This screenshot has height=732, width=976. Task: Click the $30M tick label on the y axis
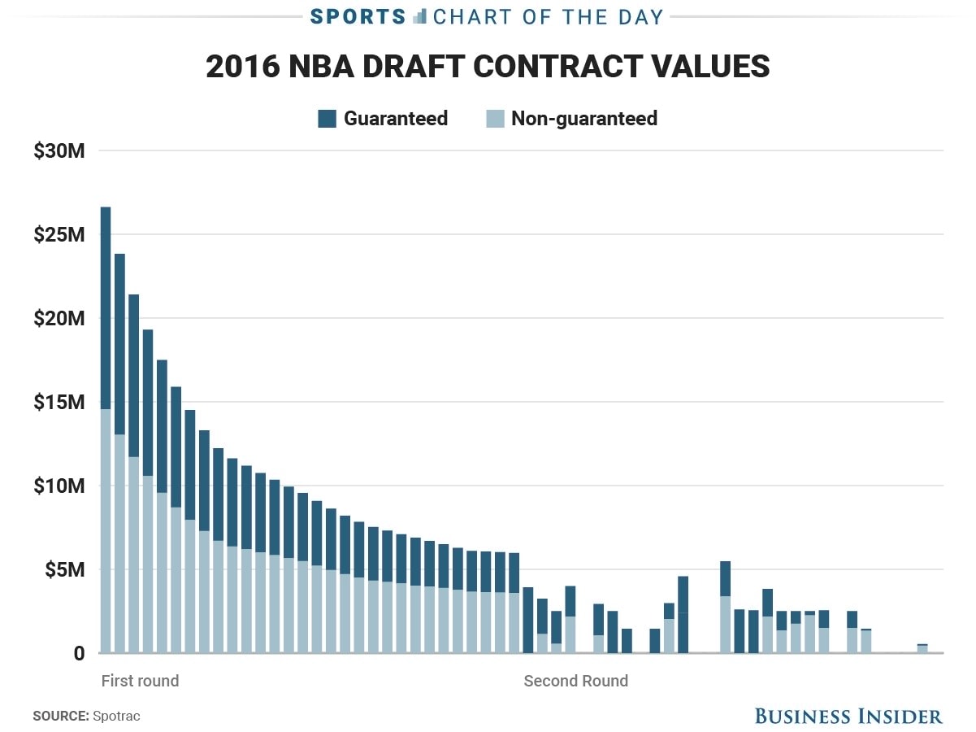click(59, 150)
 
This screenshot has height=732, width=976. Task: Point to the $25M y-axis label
click(59, 235)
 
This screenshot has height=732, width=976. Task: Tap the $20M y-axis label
click(59, 319)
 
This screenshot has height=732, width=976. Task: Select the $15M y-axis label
click(59, 403)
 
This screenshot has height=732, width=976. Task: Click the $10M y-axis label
click(59, 486)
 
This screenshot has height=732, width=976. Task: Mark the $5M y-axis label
click(63, 570)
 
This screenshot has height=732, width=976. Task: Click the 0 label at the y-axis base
click(79, 653)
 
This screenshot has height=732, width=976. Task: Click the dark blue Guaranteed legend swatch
click(327, 119)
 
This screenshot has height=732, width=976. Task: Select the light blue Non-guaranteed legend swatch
click(495, 119)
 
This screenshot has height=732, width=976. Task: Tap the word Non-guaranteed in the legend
click(583, 119)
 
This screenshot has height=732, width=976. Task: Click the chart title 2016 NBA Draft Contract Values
click(488, 67)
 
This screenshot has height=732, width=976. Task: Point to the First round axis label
click(140, 681)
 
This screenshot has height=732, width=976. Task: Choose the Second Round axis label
click(575, 681)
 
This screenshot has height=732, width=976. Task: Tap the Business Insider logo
click(848, 716)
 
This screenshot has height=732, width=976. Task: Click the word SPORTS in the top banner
click(358, 16)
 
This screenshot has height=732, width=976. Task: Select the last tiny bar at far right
click(922, 648)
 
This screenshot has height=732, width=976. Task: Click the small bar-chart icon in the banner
click(419, 16)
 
